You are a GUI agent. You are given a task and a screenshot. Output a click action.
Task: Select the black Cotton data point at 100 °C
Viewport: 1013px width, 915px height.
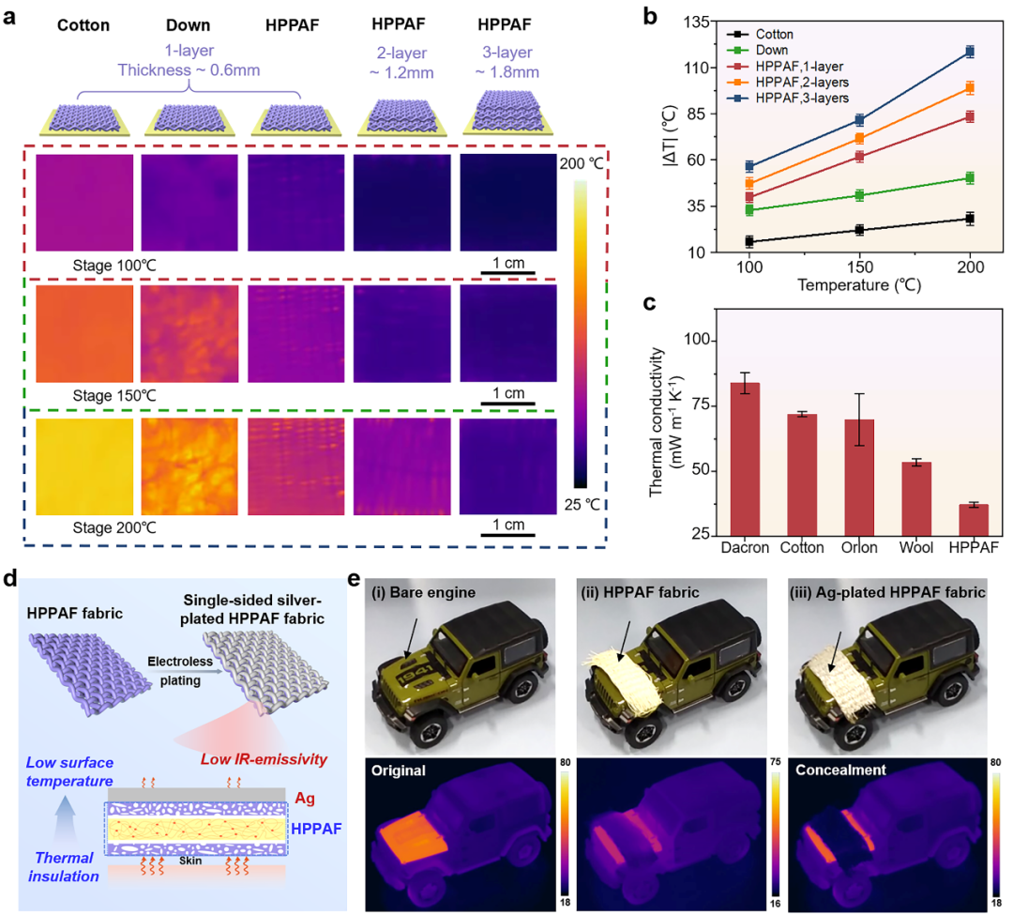(748, 241)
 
